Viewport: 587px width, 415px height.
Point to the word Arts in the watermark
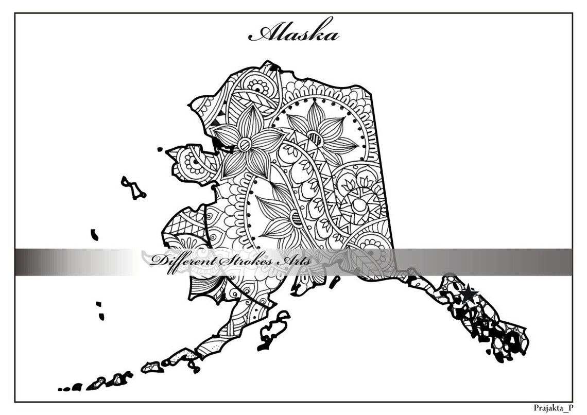click(295, 261)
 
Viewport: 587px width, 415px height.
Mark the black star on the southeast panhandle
click(468, 294)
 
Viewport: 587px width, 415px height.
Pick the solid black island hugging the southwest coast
click(95, 235)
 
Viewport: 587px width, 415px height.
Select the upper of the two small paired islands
click(98, 304)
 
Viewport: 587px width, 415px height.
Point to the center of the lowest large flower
click(296, 218)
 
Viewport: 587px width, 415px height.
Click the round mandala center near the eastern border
click(358, 205)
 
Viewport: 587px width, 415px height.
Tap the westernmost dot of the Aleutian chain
click(60, 389)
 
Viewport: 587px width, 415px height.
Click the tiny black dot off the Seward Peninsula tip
click(160, 150)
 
